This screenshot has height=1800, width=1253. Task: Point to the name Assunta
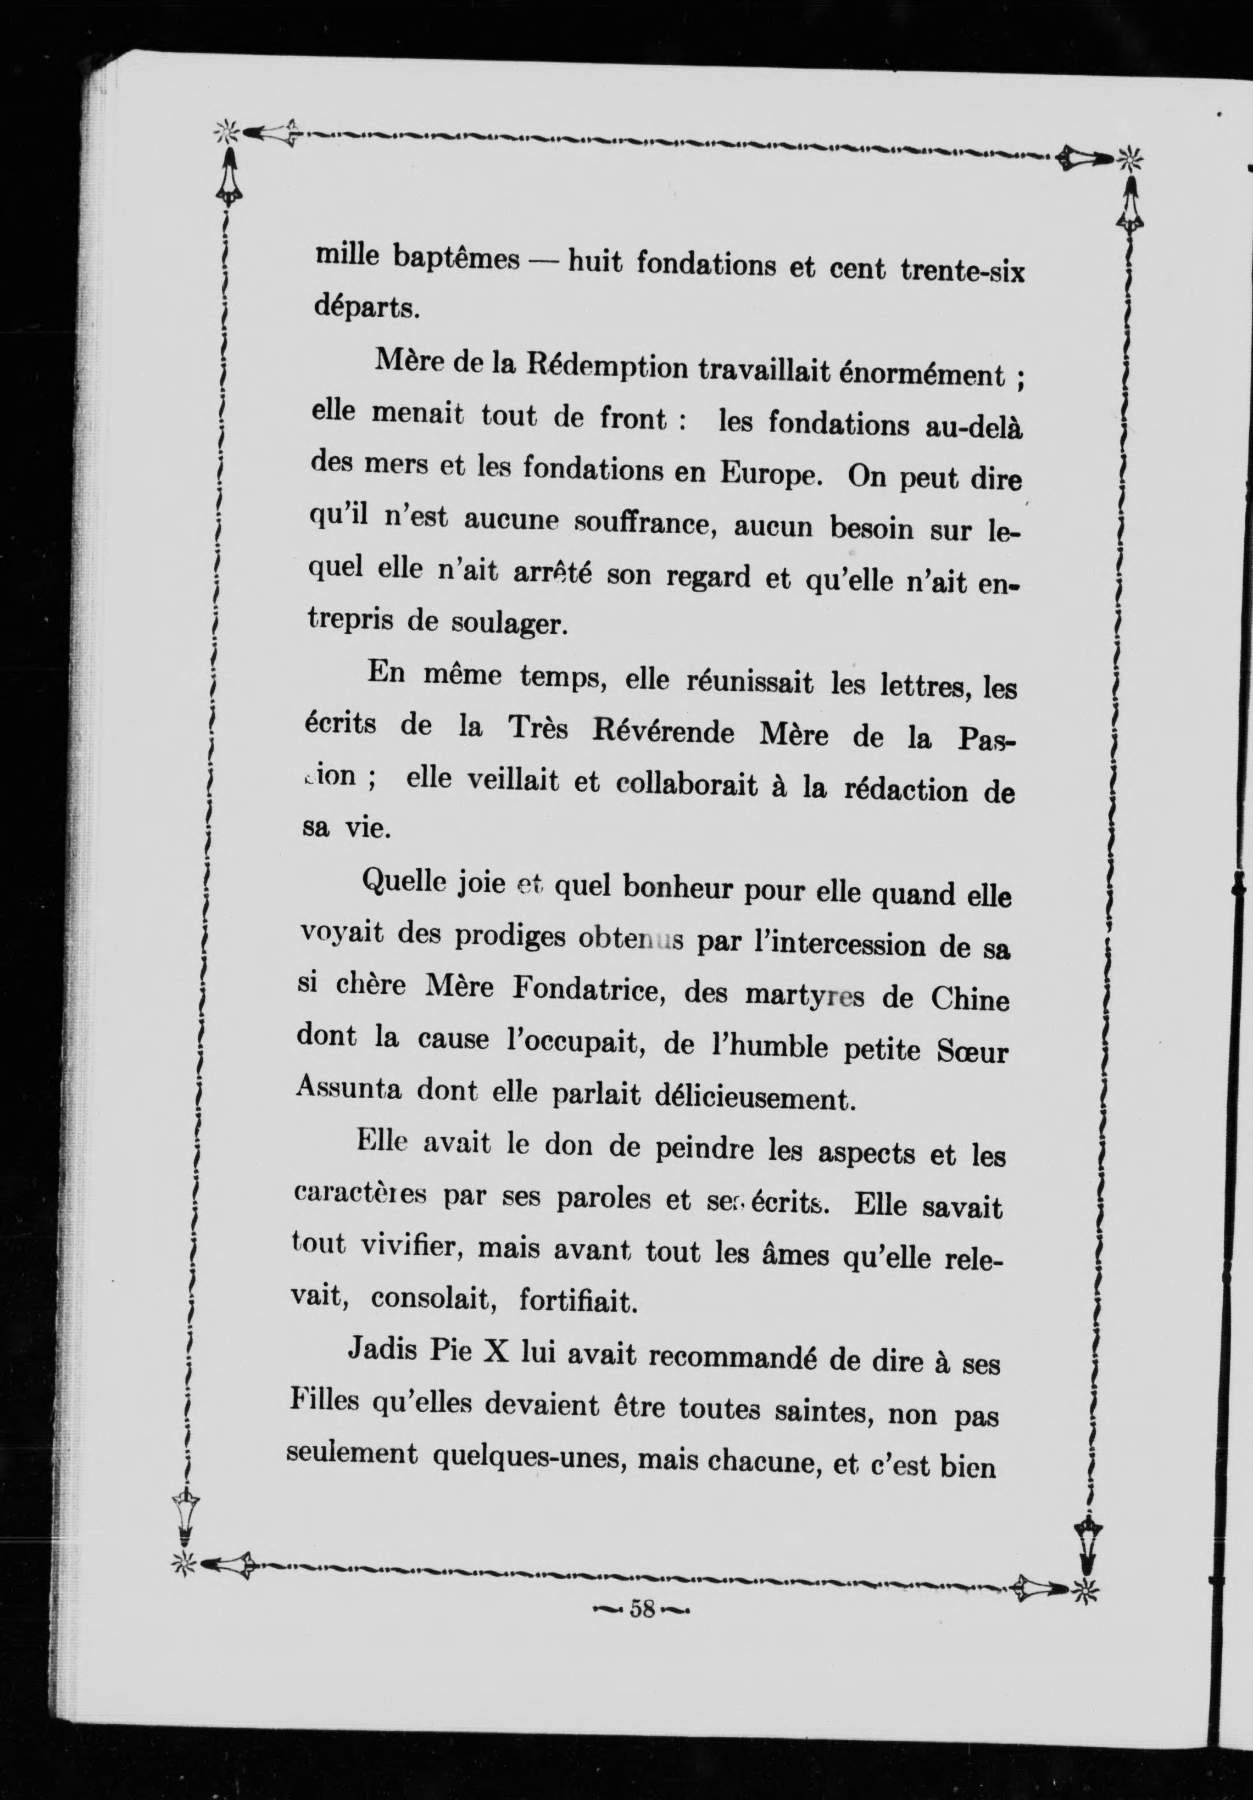pyautogui.click(x=348, y=1089)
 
